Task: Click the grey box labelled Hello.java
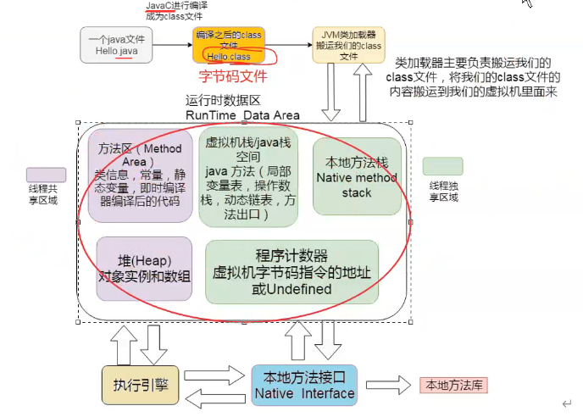pos(116,44)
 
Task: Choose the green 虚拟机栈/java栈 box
pos(248,178)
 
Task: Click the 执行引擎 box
pos(140,383)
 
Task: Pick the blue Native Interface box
pos(304,386)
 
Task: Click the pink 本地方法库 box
pos(454,385)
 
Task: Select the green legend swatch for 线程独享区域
pos(443,166)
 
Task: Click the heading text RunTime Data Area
pos(242,114)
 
